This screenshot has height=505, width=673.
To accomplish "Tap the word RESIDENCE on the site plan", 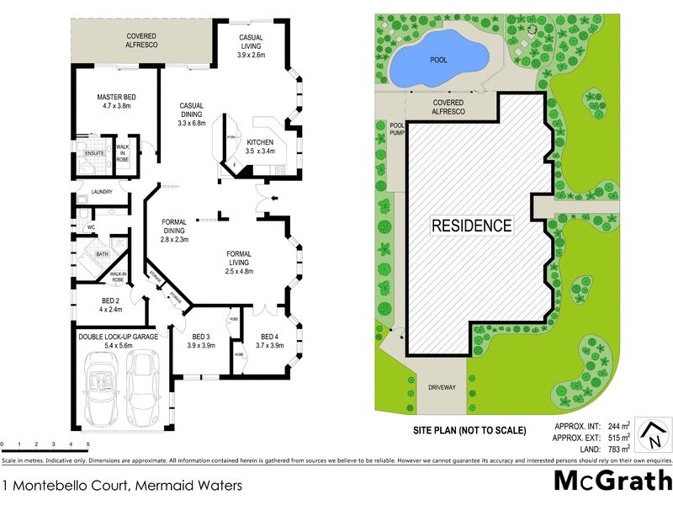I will point(471,226).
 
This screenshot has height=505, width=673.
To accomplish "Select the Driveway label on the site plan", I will point(442,389).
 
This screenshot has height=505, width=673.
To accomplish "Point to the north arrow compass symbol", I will point(651,436).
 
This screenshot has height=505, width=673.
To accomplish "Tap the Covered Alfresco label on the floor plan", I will point(143,41).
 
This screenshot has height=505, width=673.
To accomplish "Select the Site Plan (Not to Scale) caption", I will point(469,430).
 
